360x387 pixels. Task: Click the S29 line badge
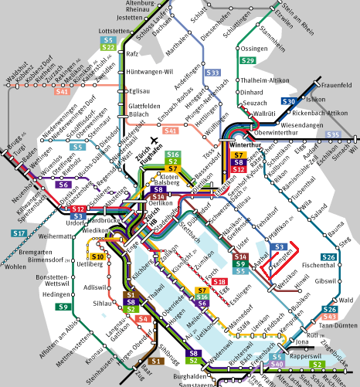[x=248, y=60]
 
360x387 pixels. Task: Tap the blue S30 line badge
[x=289, y=102]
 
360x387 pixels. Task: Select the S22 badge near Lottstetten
[x=108, y=48]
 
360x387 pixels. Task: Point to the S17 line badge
[x=19, y=233]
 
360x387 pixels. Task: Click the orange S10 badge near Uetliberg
[x=97, y=256]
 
